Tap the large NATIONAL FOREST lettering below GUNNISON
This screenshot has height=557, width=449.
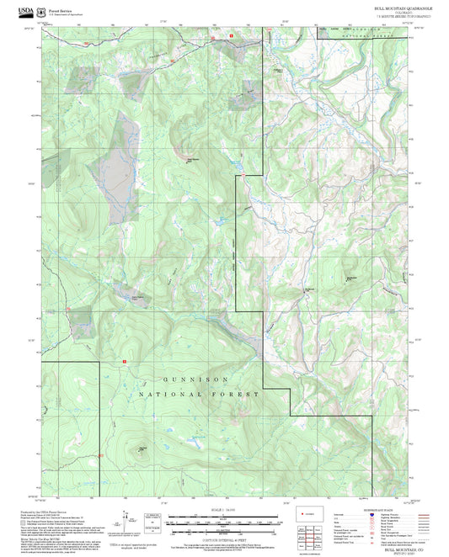tap(200, 394)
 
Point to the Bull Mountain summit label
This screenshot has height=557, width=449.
tap(193, 157)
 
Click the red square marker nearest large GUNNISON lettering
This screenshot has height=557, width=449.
tap(125, 362)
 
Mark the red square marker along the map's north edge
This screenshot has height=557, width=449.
tap(231, 36)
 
